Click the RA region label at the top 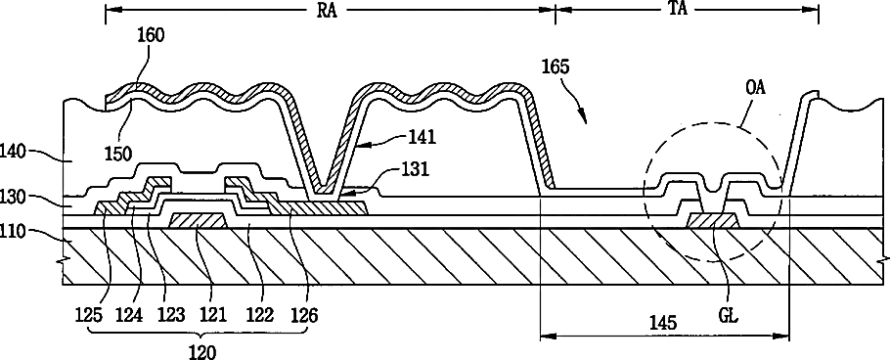point(326,11)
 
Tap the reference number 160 point(151,35)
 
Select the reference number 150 point(117,154)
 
